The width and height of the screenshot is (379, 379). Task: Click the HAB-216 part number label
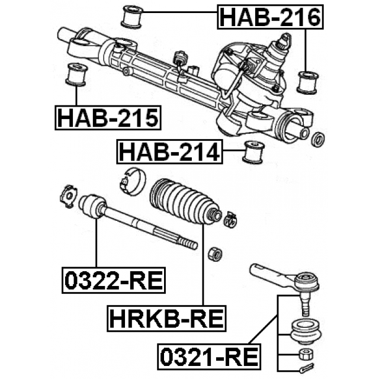coord(270,17)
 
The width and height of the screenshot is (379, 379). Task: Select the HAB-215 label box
coord(108,118)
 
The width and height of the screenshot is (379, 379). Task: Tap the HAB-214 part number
coord(169,152)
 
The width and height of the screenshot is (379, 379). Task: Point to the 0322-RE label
coord(114,280)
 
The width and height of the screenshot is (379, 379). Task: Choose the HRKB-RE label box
coord(166,319)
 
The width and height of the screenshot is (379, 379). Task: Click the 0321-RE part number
coord(209,356)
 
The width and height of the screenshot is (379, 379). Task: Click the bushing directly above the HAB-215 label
coord(76,75)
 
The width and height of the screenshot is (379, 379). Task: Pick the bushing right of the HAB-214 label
coord(253,152)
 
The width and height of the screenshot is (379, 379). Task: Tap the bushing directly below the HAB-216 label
coord(307,82)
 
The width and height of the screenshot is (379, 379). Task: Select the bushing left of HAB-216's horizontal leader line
coord(131,16)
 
